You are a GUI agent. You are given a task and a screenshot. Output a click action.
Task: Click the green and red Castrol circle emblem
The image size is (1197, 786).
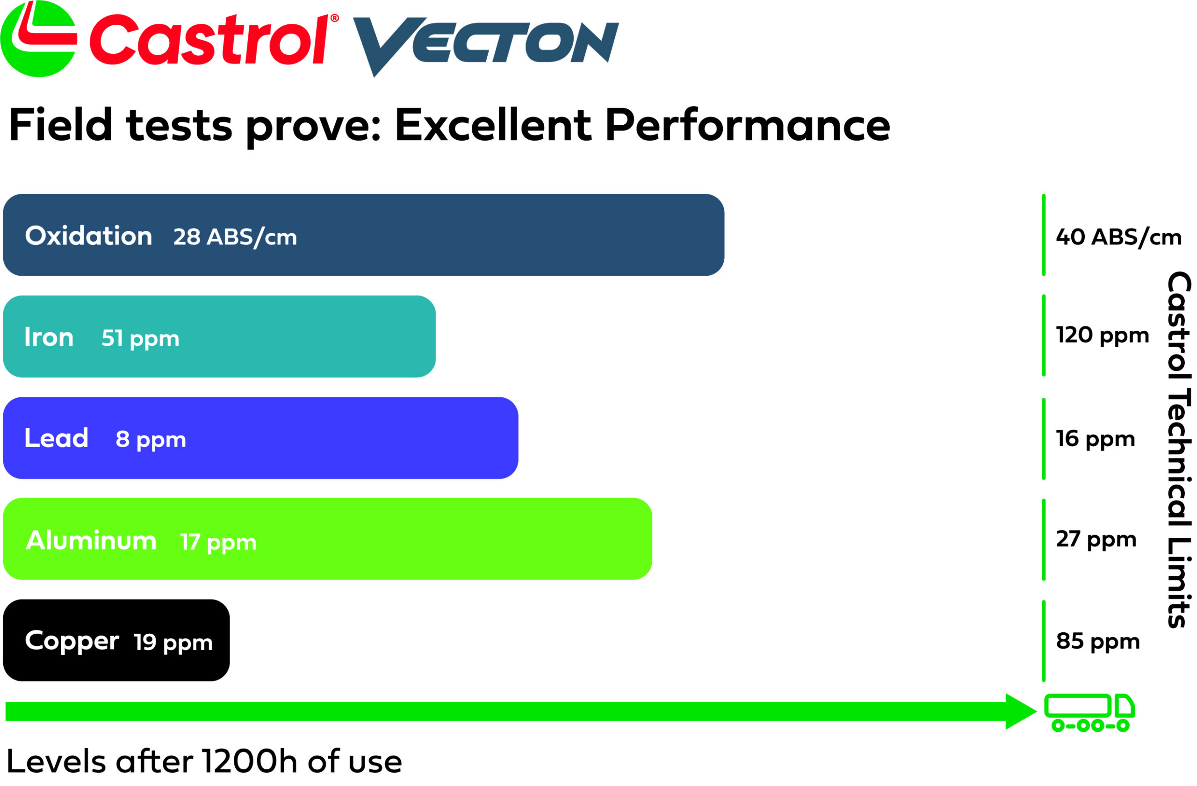(x=39, y=39)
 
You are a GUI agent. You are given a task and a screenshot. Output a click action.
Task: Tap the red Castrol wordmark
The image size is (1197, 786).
(x=209, y=40)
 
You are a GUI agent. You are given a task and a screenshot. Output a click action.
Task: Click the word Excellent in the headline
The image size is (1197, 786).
(x=492, y=125)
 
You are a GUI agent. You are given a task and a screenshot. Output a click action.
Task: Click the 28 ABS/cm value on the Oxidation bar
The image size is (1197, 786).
(x=235, y=237)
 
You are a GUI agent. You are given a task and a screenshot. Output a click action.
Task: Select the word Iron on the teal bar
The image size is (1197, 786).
(x=49, y=337)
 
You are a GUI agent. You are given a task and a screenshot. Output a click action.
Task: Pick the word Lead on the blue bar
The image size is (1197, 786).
(x=56, y=438)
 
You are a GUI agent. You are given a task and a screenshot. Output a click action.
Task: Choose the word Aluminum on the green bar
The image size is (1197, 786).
(x=91, y=541)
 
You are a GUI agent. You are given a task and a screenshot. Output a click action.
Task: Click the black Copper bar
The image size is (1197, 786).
(x=116, y=640)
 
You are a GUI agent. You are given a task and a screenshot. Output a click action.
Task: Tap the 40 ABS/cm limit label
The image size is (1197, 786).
(x=1118, y=237)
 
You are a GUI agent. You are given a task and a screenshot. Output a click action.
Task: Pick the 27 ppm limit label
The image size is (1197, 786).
(x=1096, y=540)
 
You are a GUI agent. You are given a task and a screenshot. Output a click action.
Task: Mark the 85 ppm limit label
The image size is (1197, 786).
(x=1097, y=642)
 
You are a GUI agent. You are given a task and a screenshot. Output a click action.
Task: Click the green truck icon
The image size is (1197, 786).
(x=1089, y=712)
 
